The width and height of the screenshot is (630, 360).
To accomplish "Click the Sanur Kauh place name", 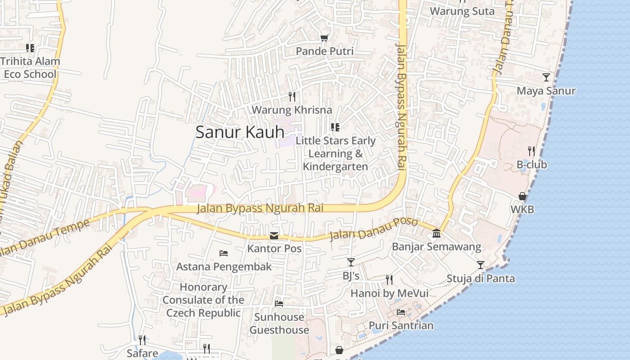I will (x=240, y=132).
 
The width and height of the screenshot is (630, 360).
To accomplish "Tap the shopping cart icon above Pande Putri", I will (x=324, y=38).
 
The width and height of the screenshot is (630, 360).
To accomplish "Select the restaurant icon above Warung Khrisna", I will (x=292, y=96).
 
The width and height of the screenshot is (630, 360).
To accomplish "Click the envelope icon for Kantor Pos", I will (x=274, y=236).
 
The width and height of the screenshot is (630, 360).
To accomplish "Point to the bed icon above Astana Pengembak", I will (x=224, y=253).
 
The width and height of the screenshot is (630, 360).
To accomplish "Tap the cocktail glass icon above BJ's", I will (x=351, y=262).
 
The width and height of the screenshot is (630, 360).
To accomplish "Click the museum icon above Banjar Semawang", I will (x=436, y=233).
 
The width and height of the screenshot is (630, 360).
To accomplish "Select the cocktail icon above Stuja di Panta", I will (x=481, y=265).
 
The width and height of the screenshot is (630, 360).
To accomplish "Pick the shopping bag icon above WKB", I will (x=522, y=196).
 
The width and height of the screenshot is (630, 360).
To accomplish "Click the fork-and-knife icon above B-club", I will (x=531, y=151).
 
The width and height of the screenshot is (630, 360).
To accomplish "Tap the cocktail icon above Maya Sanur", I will (x=546, y=77).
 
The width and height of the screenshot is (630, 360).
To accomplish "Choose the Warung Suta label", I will (x=462, y=11).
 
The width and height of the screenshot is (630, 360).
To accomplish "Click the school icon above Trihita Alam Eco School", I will (x=30, y=48).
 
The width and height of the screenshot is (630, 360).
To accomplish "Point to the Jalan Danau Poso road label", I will (x=373, y=229).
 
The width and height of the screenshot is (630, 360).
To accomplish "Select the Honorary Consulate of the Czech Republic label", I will (x=203, y=300).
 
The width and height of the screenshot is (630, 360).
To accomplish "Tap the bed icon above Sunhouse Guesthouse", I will (x=279, y=304).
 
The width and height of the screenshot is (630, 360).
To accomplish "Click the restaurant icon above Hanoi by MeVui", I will (x=389, y=280).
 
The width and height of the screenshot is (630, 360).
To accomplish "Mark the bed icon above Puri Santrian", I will (x=401, y=312).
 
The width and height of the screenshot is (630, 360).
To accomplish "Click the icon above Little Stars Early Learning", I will (x=335, y=127).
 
